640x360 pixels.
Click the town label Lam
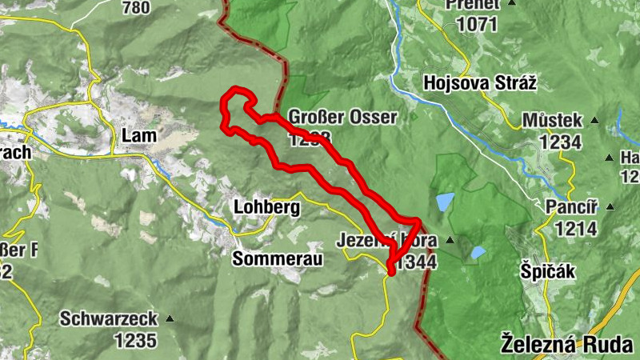(138, 136)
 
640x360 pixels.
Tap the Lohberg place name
(266, 207)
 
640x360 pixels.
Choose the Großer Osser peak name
(342, 118)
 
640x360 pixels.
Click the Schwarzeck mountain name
(109, 318)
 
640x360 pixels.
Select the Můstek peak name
(551, 121)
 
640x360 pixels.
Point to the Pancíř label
(567, 207)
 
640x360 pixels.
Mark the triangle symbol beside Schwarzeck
(170, 318)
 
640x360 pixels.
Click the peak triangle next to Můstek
(594, 121)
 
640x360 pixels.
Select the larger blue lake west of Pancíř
(445, 202)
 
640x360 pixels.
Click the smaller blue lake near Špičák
(478, 252)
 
